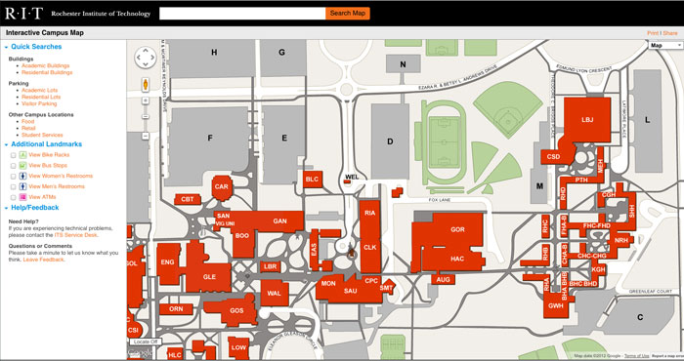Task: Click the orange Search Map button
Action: (x=347, y=14)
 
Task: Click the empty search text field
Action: (x=241, y=14)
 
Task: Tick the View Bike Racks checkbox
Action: (x=13, y=154)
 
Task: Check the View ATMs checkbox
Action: (x=13, y=196)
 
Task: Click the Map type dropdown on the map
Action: (x=663, y=45)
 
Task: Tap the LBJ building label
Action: (x=587, y=120)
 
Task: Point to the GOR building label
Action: (x=457, y=229)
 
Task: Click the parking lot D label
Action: (x=390, y=142)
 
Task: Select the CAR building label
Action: (x=222, y=186)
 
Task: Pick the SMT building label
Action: (x=386, y=288)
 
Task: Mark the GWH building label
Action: (x=556, y=306)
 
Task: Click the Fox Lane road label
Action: (x=443, y=200)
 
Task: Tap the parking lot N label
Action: (x=403, y=64)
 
